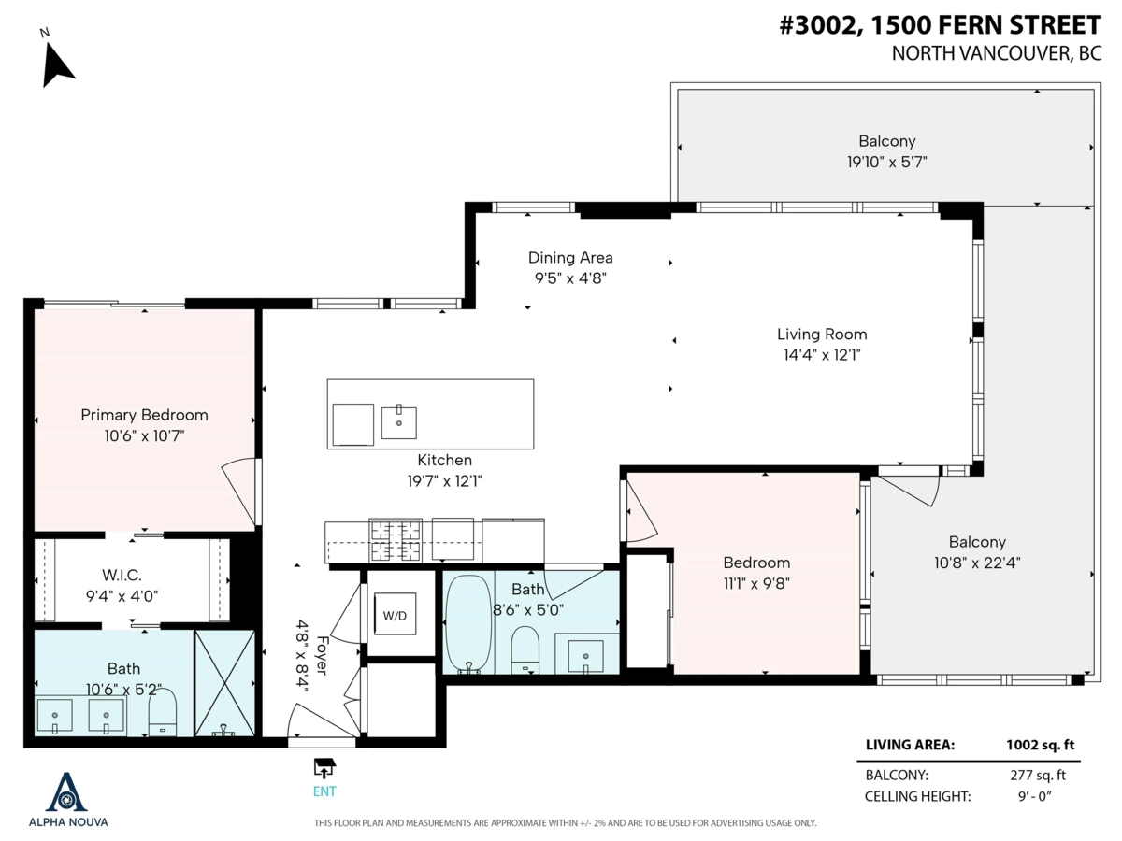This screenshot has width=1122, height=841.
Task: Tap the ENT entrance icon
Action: [324, 768]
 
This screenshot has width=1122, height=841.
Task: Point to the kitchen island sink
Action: [399, 423]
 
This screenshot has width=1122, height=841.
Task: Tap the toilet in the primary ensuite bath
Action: [163, 714]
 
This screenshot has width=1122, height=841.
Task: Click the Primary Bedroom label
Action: [144, 415]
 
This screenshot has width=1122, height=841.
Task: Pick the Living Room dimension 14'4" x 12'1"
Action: [822, 354]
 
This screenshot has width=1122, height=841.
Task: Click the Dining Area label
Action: [570, 258]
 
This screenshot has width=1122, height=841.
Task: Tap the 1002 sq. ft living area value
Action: [1041, 745]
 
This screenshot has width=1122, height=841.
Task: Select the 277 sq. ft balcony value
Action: [1041, 775]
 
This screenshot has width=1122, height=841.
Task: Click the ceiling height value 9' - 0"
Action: [1041, 796]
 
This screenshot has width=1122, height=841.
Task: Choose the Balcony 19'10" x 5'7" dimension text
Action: [887, 162]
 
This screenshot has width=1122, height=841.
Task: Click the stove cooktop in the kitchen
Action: [397, 539]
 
